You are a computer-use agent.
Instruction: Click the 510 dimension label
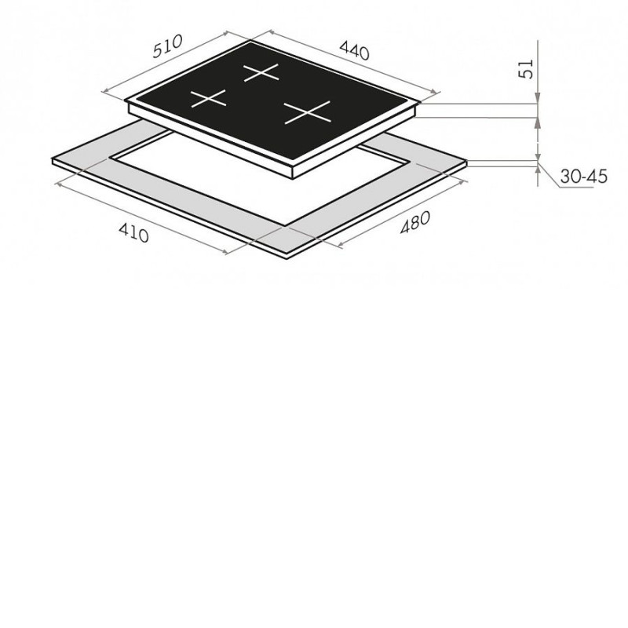pyautogui.click(x=167, y=46)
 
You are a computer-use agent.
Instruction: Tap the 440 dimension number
pyautogui.click(x=355, y=50)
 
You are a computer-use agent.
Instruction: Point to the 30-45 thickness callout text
pyautogui.click(x=583, y=176)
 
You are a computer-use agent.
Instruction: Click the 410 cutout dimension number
pyautogui.click(x=133, y=232)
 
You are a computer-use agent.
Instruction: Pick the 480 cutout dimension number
pyautogui.click(x=416, y=222)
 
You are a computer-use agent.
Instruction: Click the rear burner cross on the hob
pyautogui.click(x=261, y=72)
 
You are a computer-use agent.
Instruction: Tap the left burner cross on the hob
pyautogui.click(x=208, y=99)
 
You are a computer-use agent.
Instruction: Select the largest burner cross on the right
pyautogui.click(x=308, y=112)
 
